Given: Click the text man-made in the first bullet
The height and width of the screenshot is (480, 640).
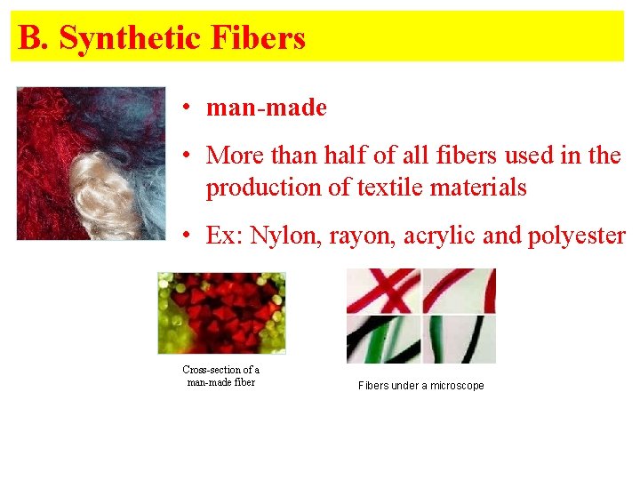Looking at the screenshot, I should coord(266,108).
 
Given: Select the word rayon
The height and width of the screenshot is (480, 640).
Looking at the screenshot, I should coord(356,236).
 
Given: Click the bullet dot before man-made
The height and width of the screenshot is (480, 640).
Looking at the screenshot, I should coord(188,108).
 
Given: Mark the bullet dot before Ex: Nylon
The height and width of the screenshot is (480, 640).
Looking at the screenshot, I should coord(188,236).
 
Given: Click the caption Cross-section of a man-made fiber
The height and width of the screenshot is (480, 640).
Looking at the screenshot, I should coord(220,375).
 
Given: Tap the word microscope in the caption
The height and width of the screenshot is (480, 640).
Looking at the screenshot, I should coord(453,386).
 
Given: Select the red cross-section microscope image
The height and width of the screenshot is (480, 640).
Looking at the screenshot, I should coord(221,312).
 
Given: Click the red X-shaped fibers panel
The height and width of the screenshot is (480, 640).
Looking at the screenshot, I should coord(382,291).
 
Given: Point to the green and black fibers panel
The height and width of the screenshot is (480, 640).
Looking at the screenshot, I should coord(382,339).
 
